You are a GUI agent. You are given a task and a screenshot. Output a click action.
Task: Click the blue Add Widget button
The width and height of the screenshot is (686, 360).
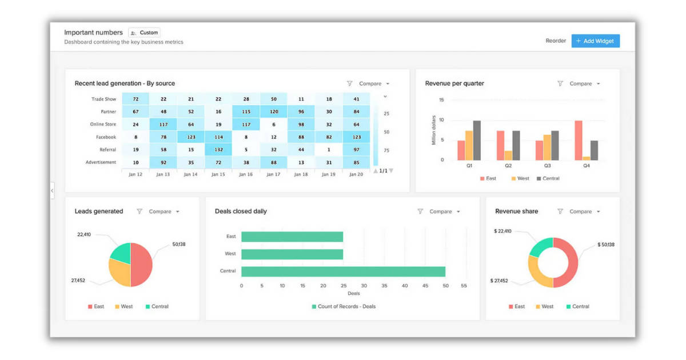tap(595, 41)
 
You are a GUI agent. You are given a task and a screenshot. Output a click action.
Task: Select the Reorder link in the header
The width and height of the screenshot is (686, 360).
tap(556, 41)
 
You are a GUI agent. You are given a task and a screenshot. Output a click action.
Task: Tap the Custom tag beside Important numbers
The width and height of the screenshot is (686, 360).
tap(144, 33)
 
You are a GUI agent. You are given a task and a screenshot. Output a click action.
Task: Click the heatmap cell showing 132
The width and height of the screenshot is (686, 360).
tap(218, 150)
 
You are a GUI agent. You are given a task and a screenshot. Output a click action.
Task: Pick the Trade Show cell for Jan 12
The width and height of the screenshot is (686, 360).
tap(135, 99)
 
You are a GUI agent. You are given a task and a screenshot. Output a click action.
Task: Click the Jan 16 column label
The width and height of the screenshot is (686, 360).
tap(246, 174)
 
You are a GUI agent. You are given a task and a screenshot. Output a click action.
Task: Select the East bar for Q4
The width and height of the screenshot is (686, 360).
tap(579, 140)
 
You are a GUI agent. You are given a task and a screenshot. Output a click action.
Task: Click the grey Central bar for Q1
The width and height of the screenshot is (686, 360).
tap(477, 140)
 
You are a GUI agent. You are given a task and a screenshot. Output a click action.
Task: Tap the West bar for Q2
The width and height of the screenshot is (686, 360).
tap(508, 155)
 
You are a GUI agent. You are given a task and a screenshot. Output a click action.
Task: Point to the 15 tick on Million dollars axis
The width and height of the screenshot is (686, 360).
tap(441, 100)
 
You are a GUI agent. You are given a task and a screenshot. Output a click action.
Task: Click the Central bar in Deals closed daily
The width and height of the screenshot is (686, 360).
tap(343, 271)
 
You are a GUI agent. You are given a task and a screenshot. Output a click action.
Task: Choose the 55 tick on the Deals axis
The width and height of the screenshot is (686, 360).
tap(464, 285)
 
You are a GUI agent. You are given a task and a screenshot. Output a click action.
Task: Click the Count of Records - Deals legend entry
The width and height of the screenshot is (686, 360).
tap(343, 307)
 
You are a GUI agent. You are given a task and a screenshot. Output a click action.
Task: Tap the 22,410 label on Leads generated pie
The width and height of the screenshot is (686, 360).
tap(84, 234)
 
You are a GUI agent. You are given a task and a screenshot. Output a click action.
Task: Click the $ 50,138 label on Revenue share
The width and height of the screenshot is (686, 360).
tap(606, 245)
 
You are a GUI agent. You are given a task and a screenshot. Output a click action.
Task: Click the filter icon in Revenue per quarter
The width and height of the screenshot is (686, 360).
tap(560, 83)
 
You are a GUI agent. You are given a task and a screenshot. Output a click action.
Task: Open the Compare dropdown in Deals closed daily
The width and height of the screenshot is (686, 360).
tap(444, 211)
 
